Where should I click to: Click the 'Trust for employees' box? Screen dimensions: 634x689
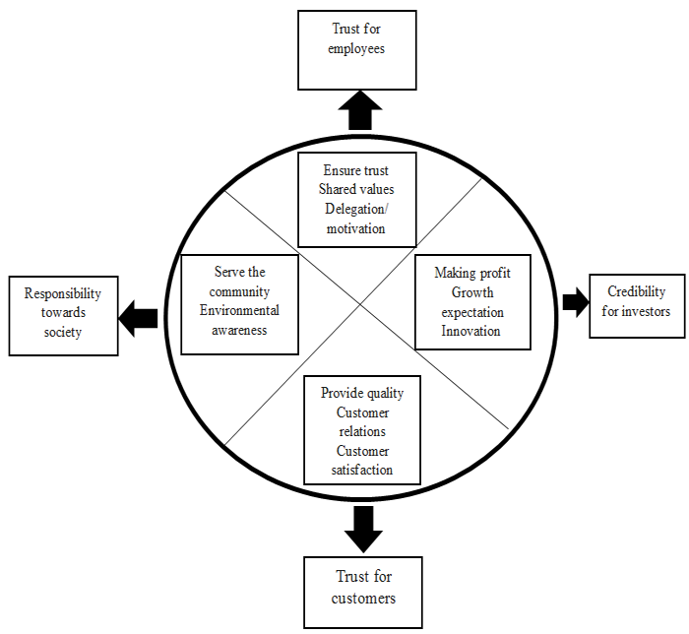356,48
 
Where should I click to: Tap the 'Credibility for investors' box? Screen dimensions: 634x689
636,302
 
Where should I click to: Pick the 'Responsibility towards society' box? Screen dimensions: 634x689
63,313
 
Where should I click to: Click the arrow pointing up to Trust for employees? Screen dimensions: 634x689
361,110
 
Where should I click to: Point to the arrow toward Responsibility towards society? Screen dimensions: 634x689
139,316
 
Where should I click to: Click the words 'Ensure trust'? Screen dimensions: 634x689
356,170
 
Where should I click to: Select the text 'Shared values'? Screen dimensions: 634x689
356,189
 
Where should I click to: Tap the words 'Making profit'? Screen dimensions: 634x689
471,273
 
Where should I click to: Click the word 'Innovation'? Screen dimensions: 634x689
471,331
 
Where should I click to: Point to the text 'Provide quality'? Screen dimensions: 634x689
362,393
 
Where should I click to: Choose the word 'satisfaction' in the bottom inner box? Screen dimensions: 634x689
362,470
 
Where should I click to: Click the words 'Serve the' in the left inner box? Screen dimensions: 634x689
239,272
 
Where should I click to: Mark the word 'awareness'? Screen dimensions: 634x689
239,330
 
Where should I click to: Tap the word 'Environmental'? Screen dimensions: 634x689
239,311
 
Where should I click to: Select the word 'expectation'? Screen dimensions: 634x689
471,312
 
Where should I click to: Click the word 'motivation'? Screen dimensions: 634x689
356,228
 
